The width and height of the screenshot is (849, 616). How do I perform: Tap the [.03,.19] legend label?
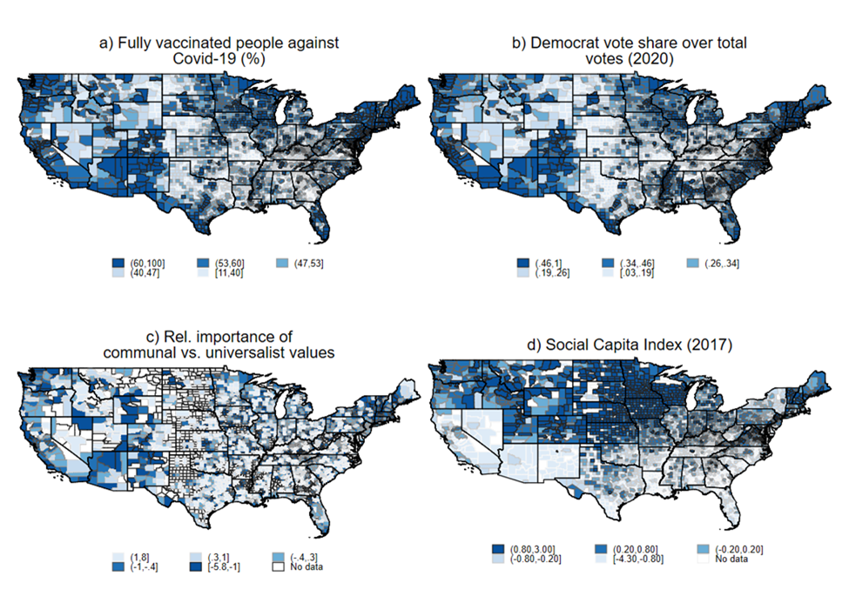pos(637,273)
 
